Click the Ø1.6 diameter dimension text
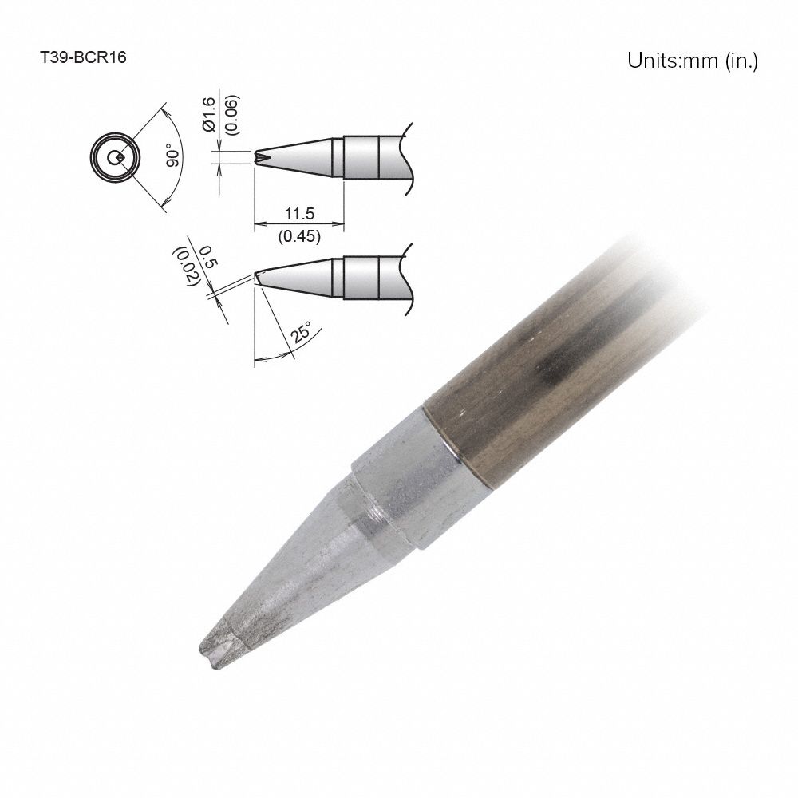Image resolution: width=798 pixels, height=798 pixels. pos(209,114)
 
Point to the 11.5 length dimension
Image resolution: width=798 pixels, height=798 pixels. pos(299,214)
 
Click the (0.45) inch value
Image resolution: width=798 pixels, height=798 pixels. pos(299,235)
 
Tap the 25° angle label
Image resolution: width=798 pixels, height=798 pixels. pos(301,332)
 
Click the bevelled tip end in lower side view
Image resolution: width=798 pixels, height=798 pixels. pos(259,276)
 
